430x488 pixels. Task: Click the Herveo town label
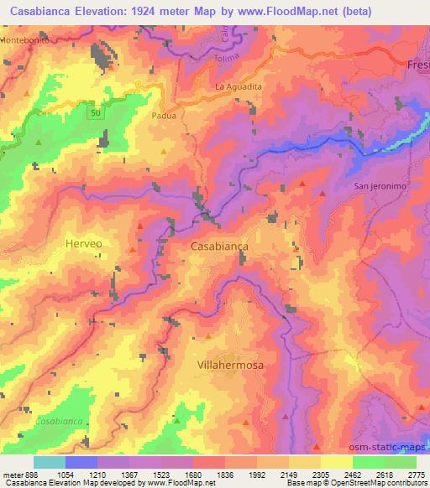[x=83, y=243]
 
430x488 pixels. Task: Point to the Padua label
[x=164, y=117]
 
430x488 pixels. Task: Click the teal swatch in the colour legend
[x=49, y=461]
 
